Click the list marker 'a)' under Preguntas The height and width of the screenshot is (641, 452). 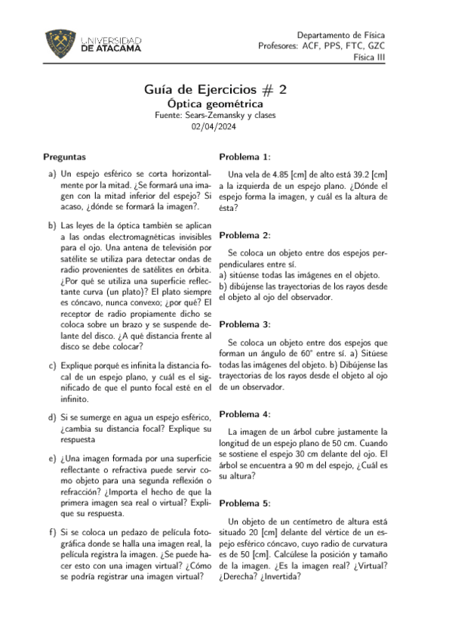52,174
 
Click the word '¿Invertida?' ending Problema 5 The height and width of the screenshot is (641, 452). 279,576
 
